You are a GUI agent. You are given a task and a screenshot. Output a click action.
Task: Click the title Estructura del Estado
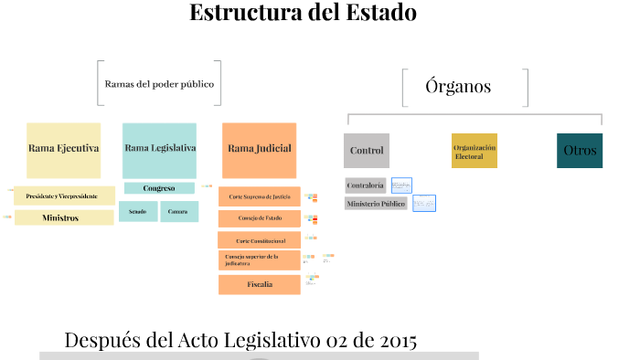303,14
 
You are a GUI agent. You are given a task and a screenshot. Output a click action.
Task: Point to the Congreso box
159,188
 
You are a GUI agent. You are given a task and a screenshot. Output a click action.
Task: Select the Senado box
138,212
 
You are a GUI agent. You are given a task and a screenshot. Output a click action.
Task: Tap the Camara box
179,212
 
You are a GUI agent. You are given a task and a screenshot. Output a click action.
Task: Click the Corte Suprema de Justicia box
260,196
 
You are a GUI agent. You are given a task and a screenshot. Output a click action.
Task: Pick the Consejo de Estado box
260,218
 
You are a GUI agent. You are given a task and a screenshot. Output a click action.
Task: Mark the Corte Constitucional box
260,240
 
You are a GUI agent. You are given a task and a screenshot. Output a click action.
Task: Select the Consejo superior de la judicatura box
260,261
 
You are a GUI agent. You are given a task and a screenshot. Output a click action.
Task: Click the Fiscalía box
260,284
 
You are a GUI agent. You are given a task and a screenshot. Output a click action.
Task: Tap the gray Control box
367,151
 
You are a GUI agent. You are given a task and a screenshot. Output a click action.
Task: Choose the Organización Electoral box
475,151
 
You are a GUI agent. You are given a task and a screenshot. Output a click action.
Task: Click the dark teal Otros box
580,151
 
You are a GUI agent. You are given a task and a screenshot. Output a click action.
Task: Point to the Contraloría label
366,185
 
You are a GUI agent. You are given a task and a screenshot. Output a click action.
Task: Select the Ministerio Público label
376,204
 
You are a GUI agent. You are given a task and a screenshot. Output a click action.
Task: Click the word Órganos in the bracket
458,88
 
